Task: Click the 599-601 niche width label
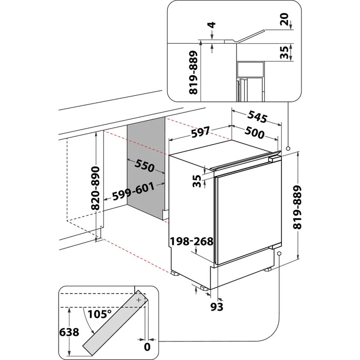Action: [134, 191]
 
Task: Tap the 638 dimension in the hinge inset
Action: [69, 332]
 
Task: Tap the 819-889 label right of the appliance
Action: [309, 206]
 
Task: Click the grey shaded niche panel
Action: [145, 170]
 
